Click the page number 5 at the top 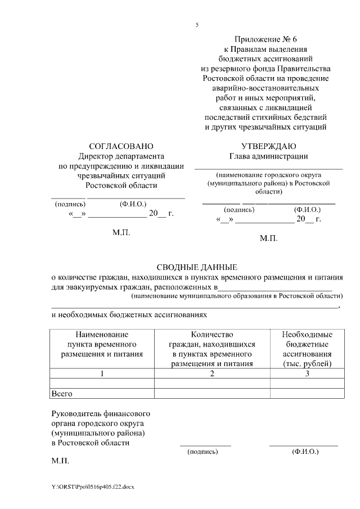click(197, 25)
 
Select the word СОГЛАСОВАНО click(121, 146)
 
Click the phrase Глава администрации click(268, 156)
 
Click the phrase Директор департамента click(121, 156)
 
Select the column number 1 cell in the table click(102, 373)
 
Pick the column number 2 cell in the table click(212, 373)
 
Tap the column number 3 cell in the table click(307, 373)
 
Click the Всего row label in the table click(62, 394)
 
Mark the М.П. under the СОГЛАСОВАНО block click(121, 231)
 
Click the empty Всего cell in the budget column click(307, 394)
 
